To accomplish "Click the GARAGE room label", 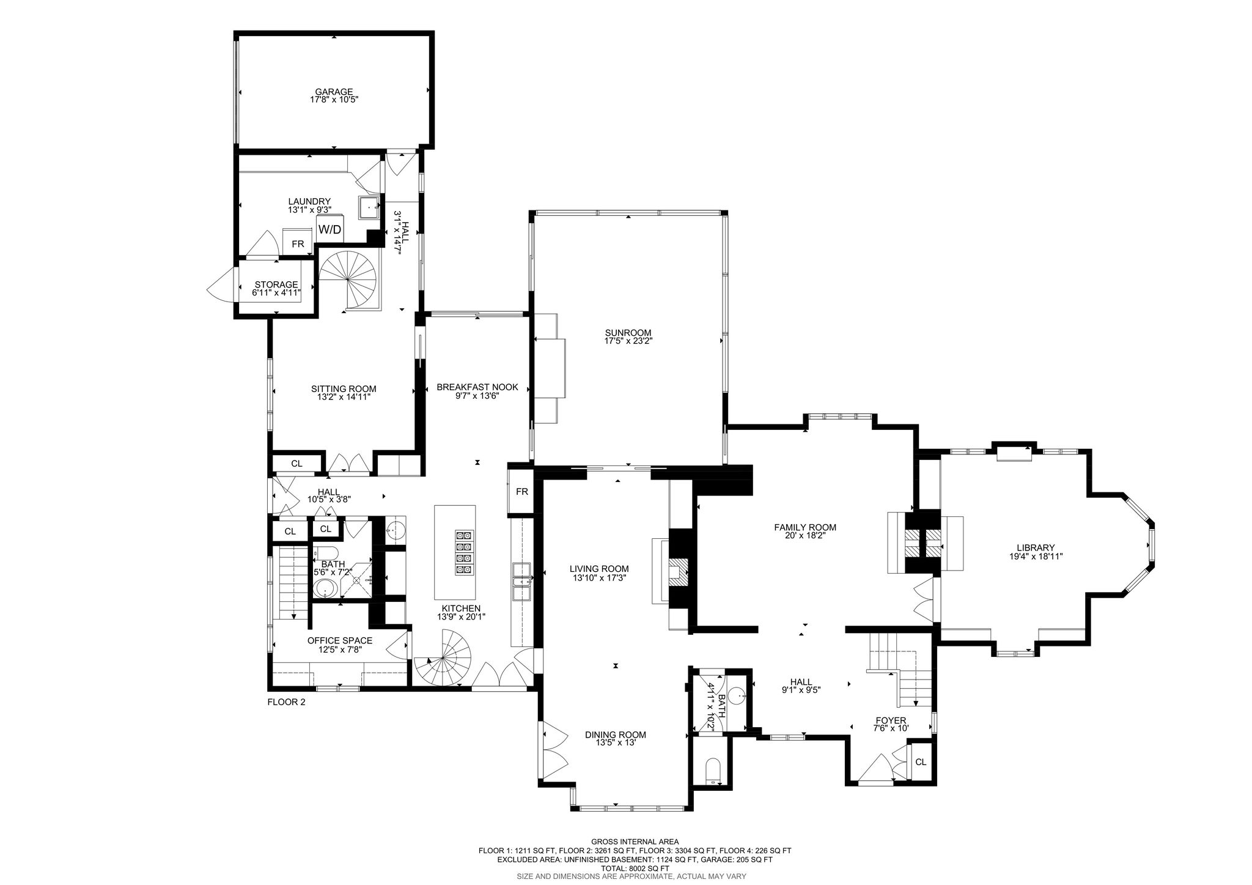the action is point(334,92).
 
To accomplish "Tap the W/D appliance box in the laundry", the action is point(330,229).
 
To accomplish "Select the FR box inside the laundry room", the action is point(298,244).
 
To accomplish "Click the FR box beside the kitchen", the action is point(521,491).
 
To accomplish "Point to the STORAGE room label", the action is point(276,284).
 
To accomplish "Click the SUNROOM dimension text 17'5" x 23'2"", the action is point(628,341).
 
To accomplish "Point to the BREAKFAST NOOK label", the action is point(477,387).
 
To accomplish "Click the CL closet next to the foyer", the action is point(921,762).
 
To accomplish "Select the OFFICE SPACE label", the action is point(339,640).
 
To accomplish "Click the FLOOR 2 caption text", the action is point(286,702).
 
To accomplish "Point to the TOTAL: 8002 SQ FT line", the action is point(635,868).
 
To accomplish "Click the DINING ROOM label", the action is point(615,735).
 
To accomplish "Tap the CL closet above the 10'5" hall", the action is point(296,464).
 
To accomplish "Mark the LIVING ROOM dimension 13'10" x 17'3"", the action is point(599,577).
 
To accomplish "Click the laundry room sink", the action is point(369,207).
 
